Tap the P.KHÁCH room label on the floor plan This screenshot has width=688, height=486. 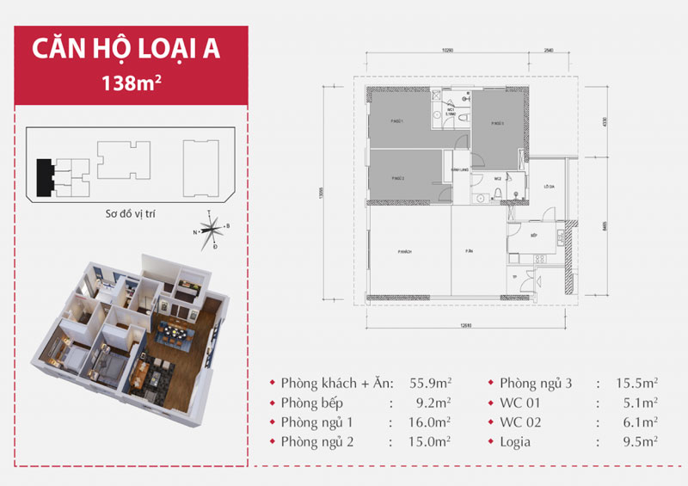396,251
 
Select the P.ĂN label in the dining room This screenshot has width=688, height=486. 470,251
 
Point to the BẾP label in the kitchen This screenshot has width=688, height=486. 533,234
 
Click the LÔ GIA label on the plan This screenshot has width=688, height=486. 548,187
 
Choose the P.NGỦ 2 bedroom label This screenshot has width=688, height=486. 397,177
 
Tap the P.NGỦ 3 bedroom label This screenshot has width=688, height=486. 496,124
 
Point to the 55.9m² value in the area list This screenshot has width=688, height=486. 408,382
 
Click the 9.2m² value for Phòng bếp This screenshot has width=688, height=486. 412,403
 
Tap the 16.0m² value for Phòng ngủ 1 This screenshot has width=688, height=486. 409,422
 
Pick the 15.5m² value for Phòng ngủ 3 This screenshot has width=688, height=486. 638,382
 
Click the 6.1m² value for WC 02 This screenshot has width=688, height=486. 641,422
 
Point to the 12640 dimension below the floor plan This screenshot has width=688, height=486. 466,324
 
